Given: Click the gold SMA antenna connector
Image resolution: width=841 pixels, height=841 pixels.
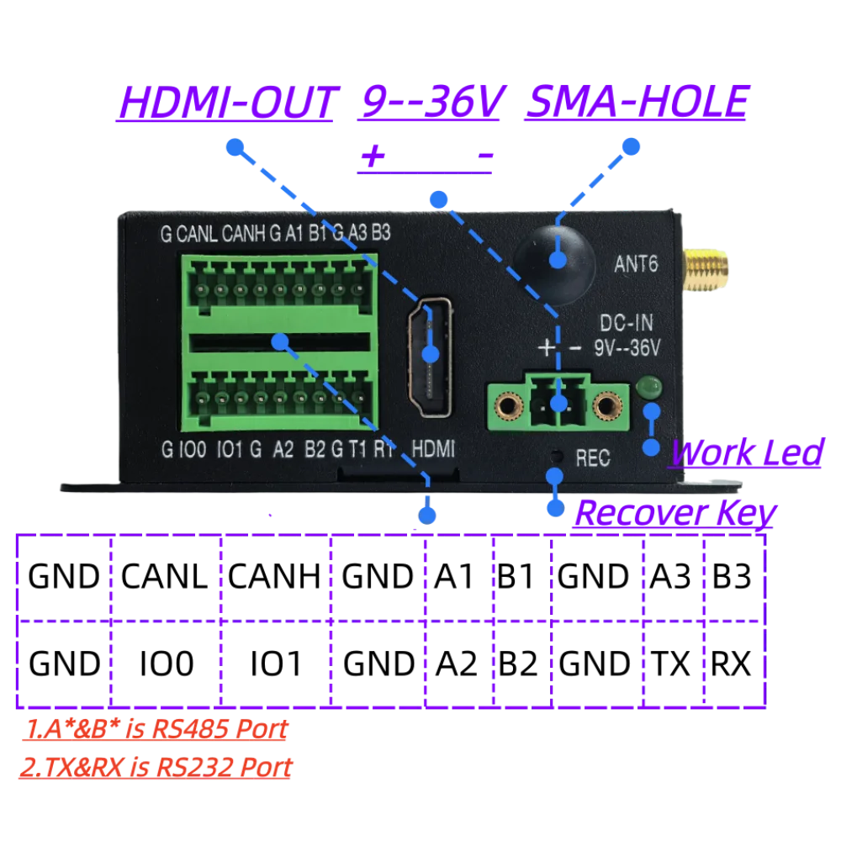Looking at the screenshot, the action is (x=705, y=270).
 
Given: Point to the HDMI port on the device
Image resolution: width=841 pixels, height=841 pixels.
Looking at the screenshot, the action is (x=430, y=357).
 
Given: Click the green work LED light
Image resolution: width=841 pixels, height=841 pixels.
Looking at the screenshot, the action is (x=648, y=387).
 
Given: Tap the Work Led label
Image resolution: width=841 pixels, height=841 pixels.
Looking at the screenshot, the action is (x=747, y=452).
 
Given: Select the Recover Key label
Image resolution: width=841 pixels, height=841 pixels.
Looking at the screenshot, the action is (x=675, y=513).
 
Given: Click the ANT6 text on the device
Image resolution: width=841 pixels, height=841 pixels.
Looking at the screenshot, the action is (x=636, y=264).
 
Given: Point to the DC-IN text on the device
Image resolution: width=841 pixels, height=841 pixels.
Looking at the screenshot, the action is (x=627, y=323).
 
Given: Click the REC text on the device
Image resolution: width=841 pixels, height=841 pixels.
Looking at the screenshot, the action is (x=593, y=458).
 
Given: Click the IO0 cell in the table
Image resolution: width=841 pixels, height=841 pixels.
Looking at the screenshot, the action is (x=166, y=664).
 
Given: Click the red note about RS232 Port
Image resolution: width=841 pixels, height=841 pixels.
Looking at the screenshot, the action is (x=156, y=767).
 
